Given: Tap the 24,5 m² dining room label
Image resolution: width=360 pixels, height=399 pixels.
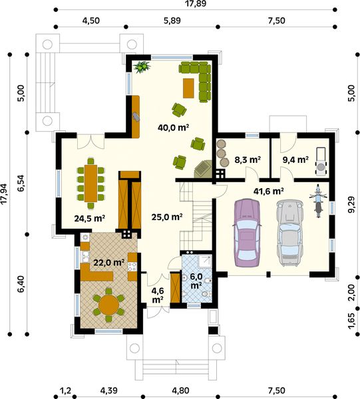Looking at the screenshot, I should [90, 217].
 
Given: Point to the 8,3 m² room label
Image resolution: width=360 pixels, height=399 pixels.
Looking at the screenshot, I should [248, 160].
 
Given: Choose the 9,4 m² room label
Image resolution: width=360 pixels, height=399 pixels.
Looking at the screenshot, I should [295, 160].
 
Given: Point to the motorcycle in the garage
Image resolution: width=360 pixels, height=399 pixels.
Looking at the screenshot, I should [318, 201].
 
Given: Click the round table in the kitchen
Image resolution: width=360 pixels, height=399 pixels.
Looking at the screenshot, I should [108, 305].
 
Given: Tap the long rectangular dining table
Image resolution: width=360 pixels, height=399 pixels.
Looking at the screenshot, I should [90, 182].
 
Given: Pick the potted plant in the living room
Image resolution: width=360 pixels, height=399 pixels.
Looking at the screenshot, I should [142, 66].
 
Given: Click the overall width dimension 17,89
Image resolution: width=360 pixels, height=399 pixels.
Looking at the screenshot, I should [194, 4].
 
